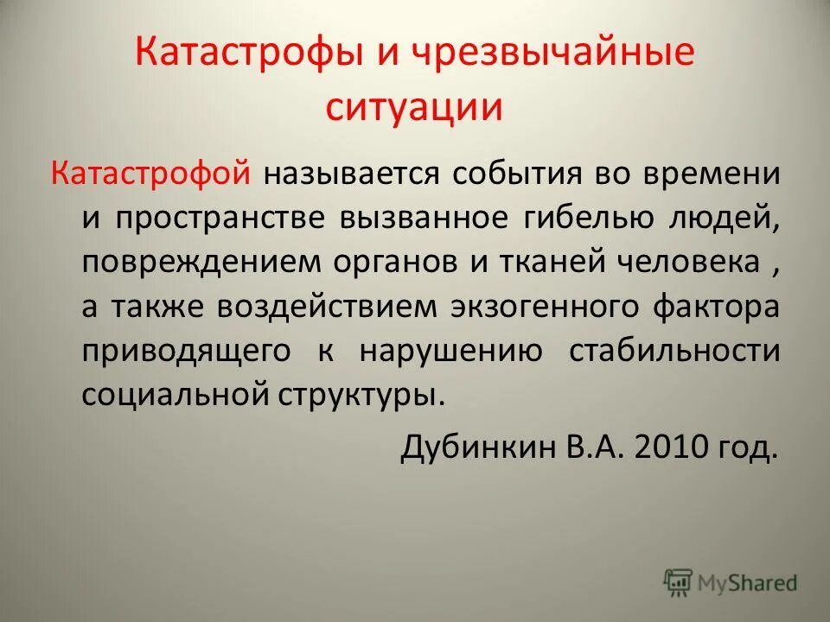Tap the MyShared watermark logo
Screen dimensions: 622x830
point(731,582)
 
